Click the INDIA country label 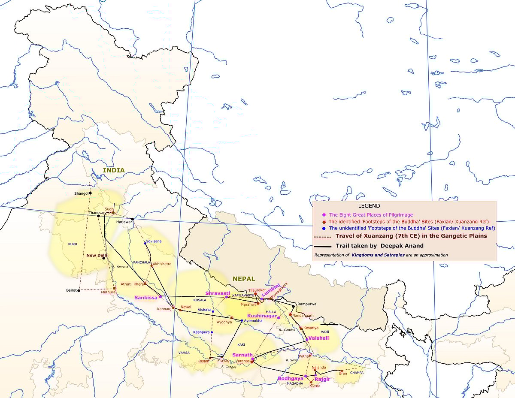click(114, 170)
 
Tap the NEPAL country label click(244, 279)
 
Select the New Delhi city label click(97, 255)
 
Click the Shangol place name click(81, 193)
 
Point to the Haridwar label click(124, 222)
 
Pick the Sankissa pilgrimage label click(146, 297)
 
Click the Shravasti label click(218, 293)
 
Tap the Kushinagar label click(261, 316)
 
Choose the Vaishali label click(318, 338)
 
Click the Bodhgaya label click(291, 378)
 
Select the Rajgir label click(322, 379)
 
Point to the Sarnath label click(242, 355)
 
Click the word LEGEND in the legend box click(369, 206)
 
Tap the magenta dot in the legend click(323, 214)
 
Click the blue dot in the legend click(323, 228)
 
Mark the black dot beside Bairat click(79, 290)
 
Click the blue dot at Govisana click(145, 243)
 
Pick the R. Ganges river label click(229, 367)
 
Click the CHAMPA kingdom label click(357, 373)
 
